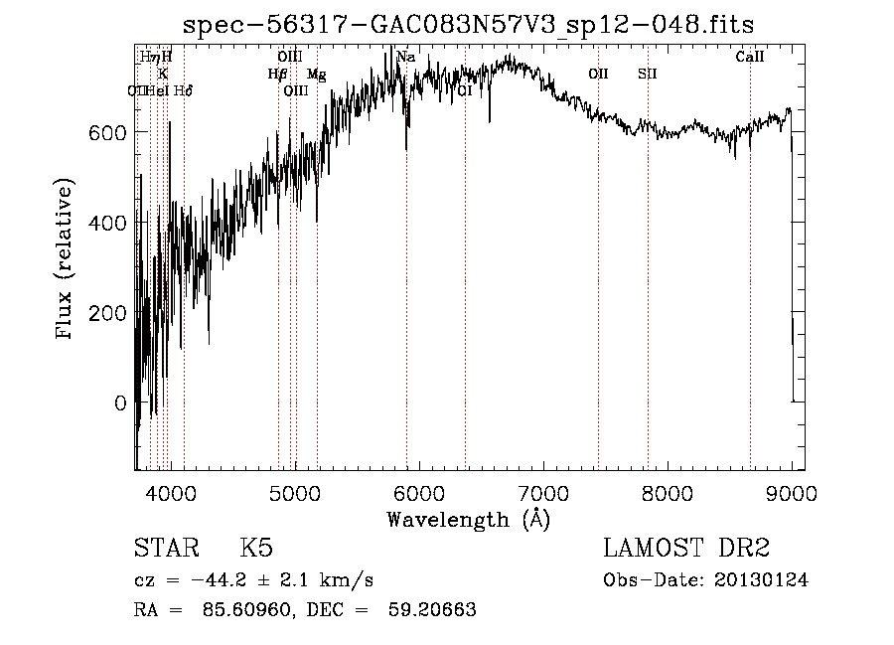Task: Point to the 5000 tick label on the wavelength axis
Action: click(294, 492)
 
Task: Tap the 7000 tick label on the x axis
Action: click(542, 492)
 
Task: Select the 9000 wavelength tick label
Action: click(791, 492)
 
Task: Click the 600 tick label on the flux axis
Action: click(108, 132)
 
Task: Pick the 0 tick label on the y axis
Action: click(120, 403)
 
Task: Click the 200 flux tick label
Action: click(108, 313)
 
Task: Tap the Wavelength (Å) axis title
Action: click(468, 519)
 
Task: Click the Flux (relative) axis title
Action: click(66, 260)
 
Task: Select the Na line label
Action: click(405, 57)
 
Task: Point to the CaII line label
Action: click(750, 57)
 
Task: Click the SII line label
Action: click(648, 74)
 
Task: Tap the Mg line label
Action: click(316, 74)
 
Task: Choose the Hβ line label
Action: click(277, 74)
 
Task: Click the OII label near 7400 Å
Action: click(598, 74)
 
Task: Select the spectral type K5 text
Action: click(256, 549)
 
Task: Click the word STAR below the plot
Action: click(165, 549)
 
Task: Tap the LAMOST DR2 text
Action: click(686, 549)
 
